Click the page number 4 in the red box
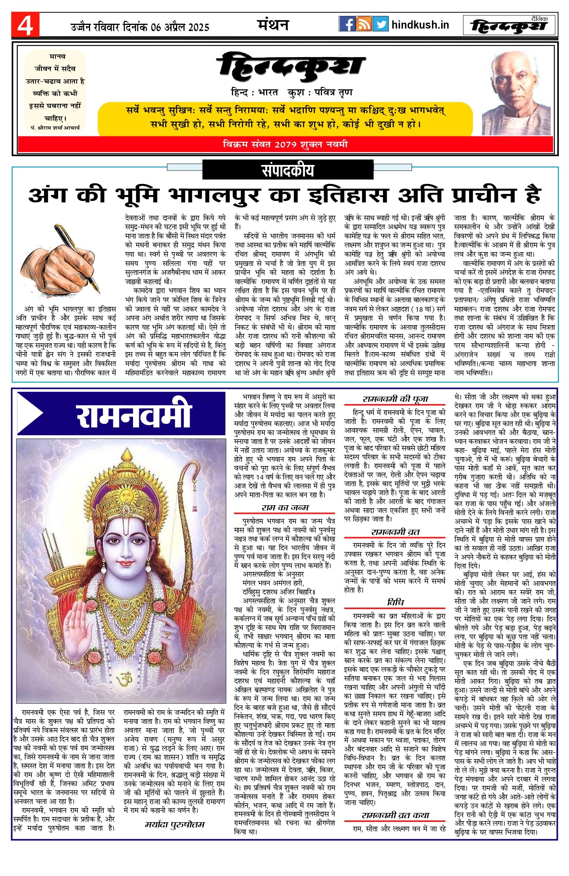pos(25,25)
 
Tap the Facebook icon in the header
pos(347,24)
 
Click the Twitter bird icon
pos(380,24)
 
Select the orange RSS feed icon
pos(364,24)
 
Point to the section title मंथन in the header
pos(273,25)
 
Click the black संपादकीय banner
pos(288,170)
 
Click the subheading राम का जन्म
pos(284,508)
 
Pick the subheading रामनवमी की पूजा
pos(395,399)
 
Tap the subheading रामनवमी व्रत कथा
pos(395,815)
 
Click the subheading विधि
pos(395,602)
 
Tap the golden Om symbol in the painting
pos(124,679)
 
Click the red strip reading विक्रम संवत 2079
pos(285,144)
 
